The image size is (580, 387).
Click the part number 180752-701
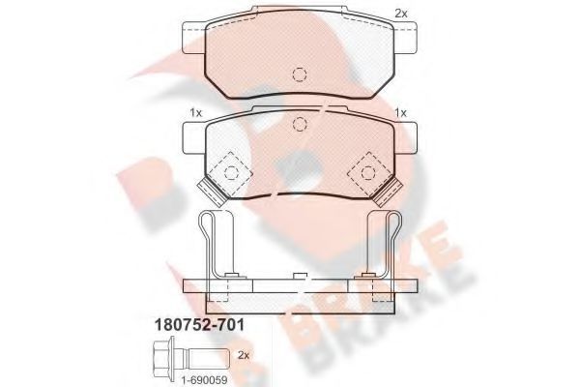click(x=199, y=325)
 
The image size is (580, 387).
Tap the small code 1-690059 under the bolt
click(x=204, y=379)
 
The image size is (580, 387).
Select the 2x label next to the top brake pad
click(x=401, y=14)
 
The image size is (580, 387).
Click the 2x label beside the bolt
click(x=244, y=355)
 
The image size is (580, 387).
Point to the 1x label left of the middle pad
click(x=195, y=112)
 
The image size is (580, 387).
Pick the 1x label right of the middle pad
click(x=400, y=112)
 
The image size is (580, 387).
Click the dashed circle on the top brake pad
click(x=300, y=74)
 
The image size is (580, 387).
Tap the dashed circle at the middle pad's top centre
click(x=300, y=124)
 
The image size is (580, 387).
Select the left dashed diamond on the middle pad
click(x=231, y=172)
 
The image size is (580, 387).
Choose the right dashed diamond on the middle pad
click(x=368, y=172)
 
